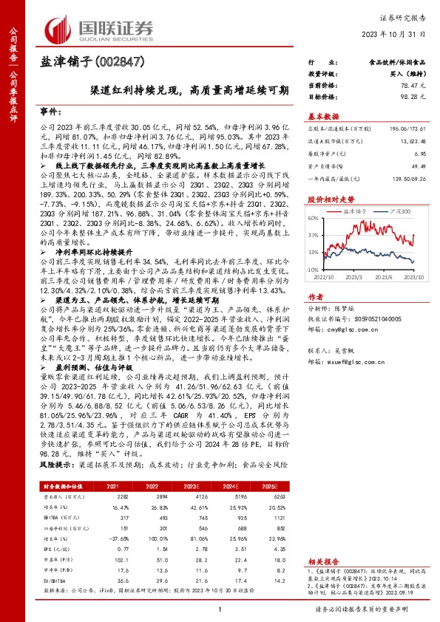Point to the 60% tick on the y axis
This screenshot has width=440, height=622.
(x=314, y=219)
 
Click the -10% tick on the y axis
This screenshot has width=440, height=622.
(x=314, y=270)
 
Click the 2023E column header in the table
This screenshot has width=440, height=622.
(x=212, y=465)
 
